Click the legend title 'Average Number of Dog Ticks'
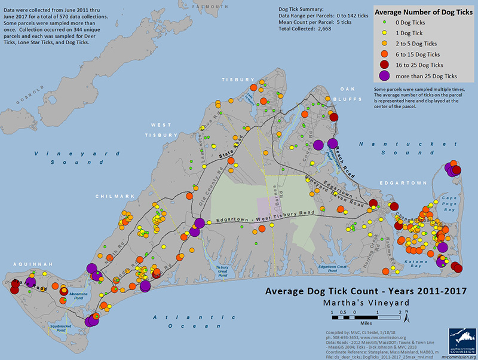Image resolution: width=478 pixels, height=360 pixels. point(421,11)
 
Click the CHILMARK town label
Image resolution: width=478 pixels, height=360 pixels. point(110,195)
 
